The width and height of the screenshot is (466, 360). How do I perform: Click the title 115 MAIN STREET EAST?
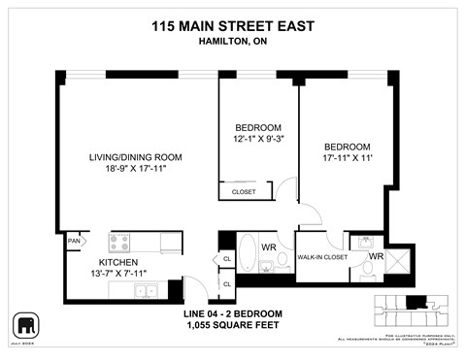[x=233, y=29]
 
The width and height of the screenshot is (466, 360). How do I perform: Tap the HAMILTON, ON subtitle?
[x=233, y=45]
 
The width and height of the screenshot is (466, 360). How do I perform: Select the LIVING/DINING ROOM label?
[x=135, y=156]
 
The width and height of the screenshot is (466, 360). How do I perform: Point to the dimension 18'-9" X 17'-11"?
[x=135, y=169]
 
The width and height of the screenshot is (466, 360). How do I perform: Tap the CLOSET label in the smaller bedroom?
[x=244, y=192]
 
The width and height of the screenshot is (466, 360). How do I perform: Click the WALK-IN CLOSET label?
[x=323, y=256]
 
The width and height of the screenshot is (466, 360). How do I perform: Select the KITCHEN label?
[x=116, y=262]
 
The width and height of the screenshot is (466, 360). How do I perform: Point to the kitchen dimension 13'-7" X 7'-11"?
[x=116, y=274]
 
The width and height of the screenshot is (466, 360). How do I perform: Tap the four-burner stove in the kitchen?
[x=120, y=242]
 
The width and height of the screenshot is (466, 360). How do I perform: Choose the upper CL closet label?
[x=226, y=259]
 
